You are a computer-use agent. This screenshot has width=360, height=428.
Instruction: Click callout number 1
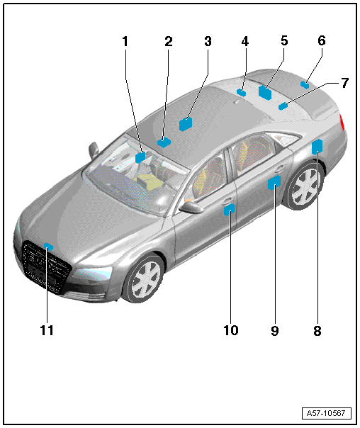[125, 42]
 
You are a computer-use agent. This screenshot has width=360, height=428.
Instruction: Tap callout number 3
[208, 41]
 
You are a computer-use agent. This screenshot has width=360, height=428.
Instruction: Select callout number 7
[345, 83]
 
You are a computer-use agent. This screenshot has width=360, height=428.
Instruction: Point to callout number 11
[47, 330]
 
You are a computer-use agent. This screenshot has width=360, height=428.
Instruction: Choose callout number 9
[275, 330]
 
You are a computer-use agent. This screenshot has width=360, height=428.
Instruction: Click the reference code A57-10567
[327, 413]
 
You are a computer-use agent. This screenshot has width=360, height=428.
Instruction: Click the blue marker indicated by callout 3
[186, 124]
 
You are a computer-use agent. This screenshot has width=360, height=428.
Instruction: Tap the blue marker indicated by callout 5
[265, 92]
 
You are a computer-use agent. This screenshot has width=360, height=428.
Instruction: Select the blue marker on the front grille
[48, 246]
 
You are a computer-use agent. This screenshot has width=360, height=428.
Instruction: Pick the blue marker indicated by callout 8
[317, 147]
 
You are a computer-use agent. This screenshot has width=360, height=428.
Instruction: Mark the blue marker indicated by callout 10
[230, 209]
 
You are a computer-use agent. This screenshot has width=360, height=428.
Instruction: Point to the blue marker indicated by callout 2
[164, 142]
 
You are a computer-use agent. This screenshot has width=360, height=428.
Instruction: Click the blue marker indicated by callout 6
[305, 84]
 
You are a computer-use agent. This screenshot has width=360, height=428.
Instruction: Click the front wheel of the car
[144, 278]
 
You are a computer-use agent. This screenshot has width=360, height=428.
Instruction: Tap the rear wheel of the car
[304, 186]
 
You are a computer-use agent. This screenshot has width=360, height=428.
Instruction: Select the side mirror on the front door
[191, 207]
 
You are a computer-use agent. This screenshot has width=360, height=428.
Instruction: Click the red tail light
[342, 121]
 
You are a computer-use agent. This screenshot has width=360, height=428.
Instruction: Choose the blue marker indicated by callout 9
[274, 183]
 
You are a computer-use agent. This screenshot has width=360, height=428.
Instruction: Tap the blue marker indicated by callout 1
[140, 157]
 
